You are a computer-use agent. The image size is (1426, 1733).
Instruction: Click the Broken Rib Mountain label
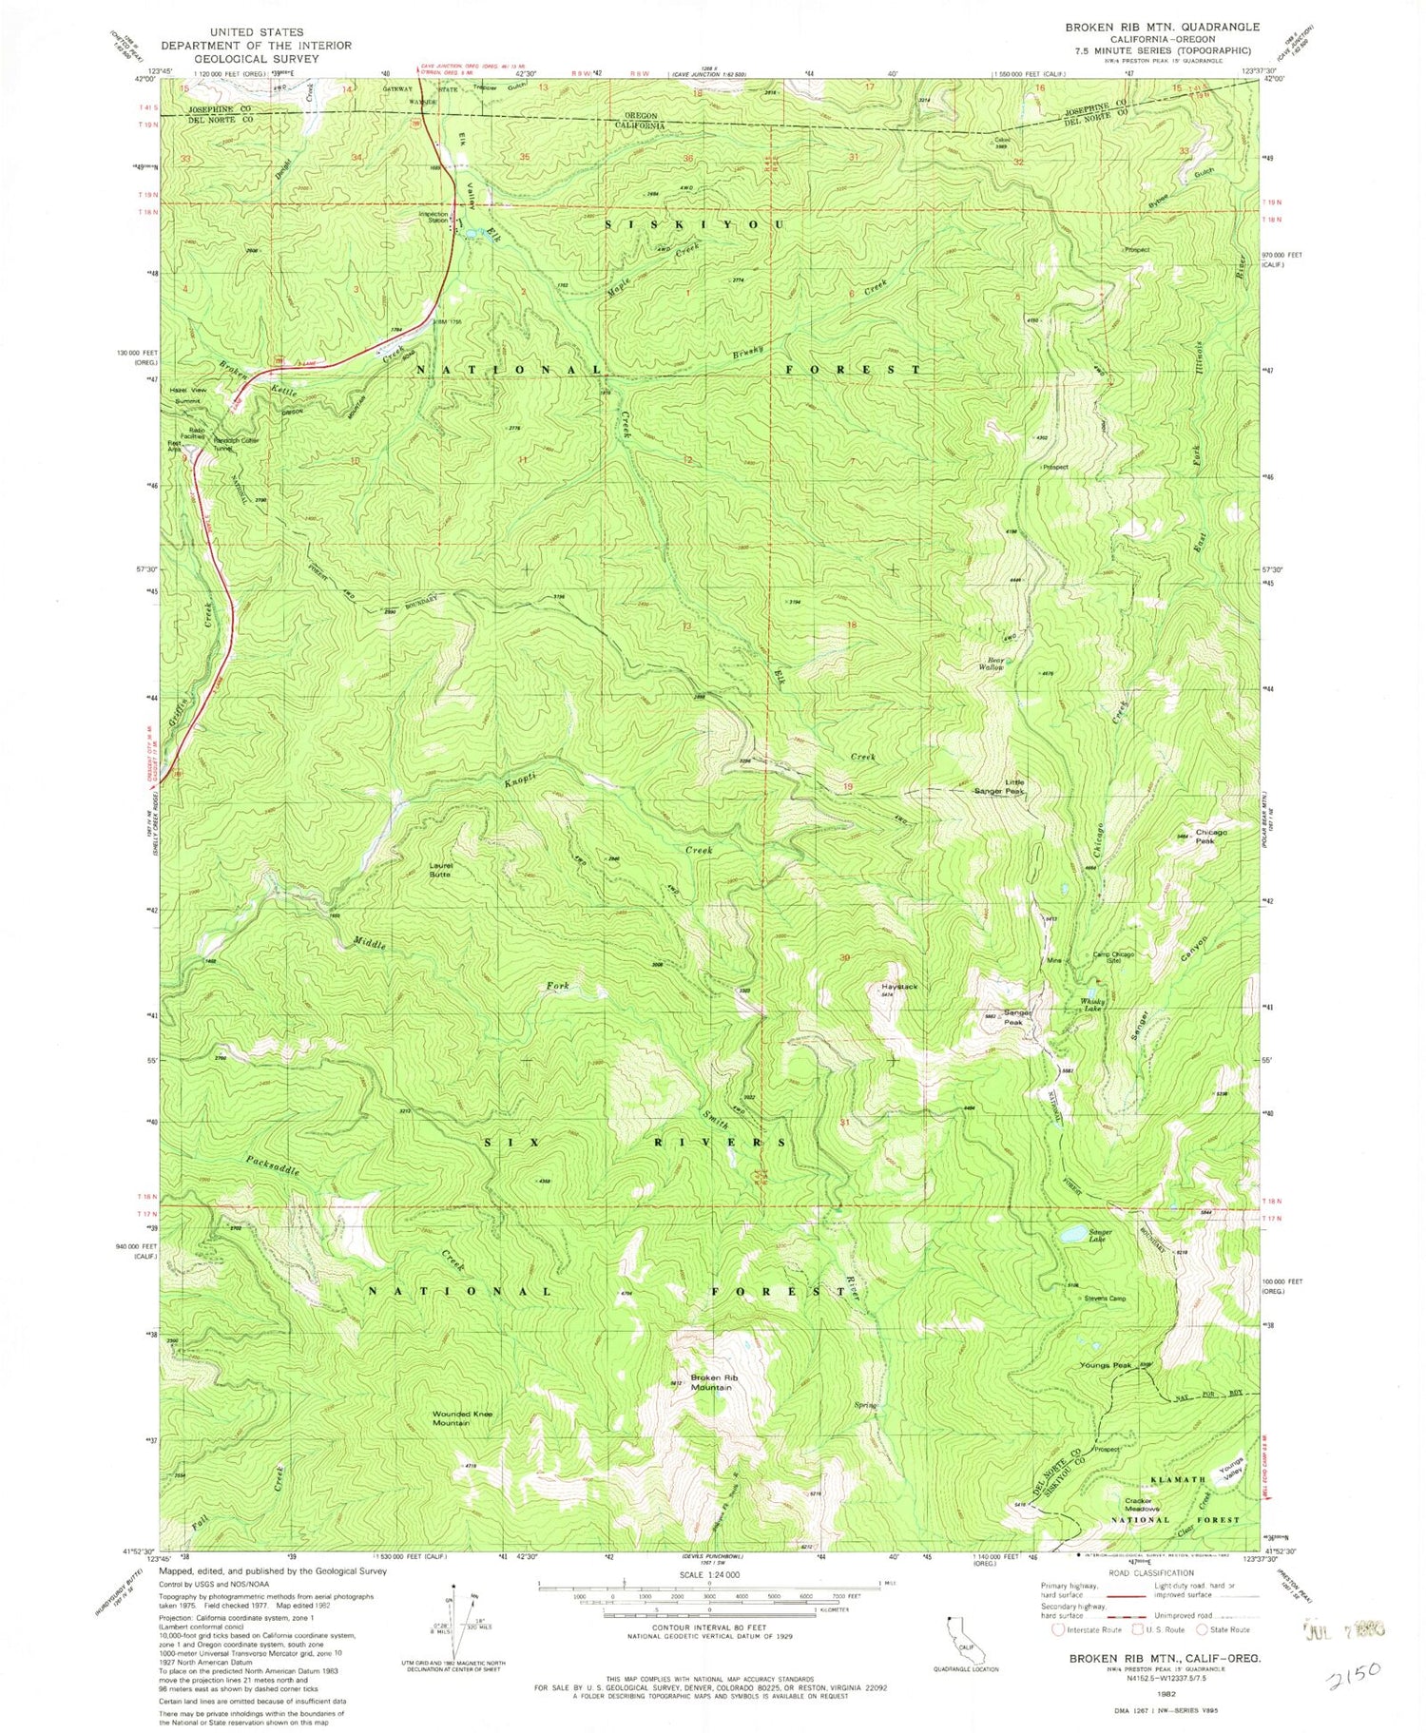[711, 1382]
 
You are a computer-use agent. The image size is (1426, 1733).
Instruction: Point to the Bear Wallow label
[995, 664]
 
